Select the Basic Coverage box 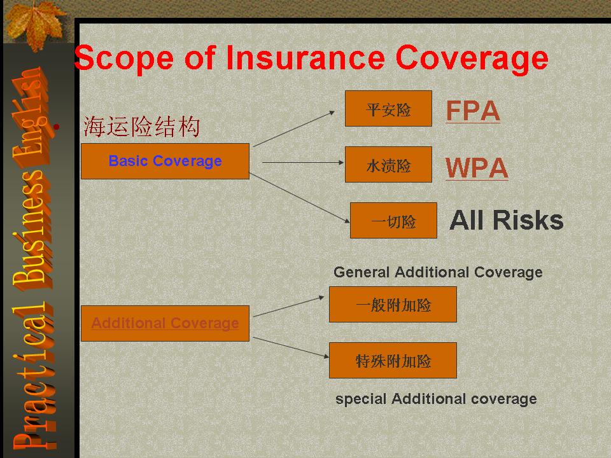click(165, 161)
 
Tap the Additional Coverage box click(165, 323)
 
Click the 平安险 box click(388, 109)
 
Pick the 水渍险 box click(388, 164)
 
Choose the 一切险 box click(393, 221)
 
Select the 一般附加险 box click(393, 305)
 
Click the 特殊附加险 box click(393, 360)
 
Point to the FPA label click(473, 111)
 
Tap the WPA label click(477, 168)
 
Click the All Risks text click(507, 221)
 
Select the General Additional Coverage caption click(438, 273)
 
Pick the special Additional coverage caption click(436, 399)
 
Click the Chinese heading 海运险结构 click(141, 127)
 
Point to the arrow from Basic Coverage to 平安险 click(294, 129)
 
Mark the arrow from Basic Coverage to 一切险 click(299, 198)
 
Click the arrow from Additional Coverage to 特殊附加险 click(291, 347)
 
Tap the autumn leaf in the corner click(36, 25)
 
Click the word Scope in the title click(124, 59)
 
